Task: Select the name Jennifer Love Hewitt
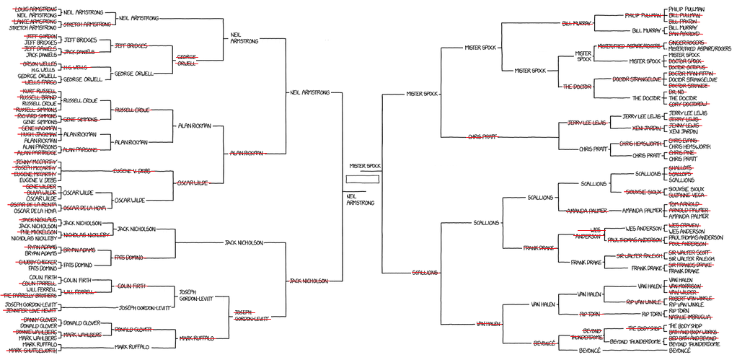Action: pos(33,310)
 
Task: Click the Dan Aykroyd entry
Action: pos(686,33)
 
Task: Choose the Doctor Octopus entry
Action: pos(687,67)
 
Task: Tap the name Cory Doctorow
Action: pos(687,105)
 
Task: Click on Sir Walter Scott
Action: pos(691,252)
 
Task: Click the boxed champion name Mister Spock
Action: pos(365,166)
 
